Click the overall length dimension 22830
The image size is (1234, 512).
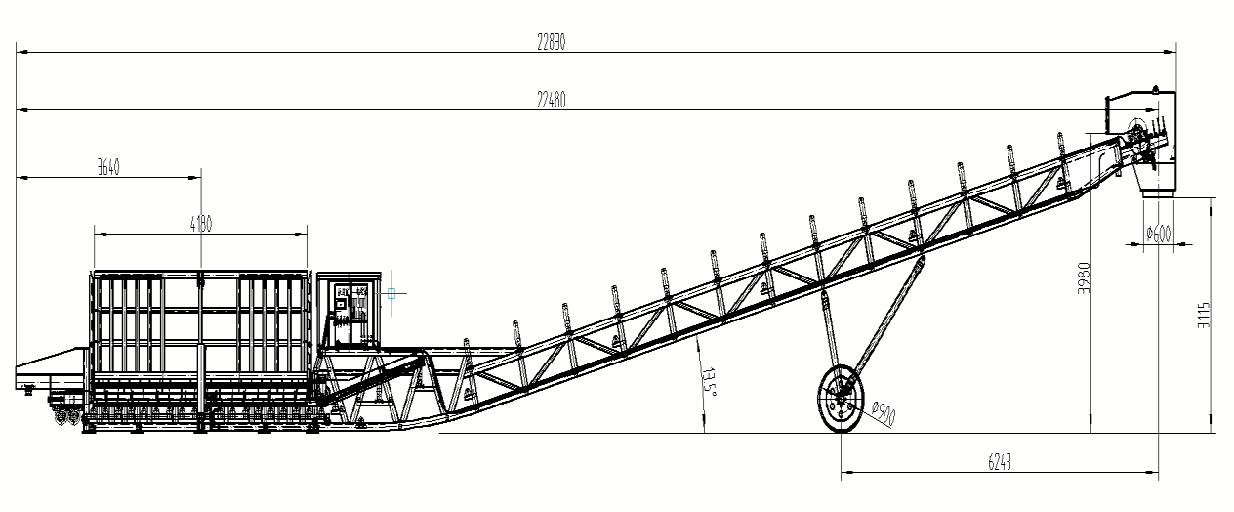point(551,42)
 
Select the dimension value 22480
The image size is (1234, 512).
point(551,99)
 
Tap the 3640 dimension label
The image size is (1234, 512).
point(107,167)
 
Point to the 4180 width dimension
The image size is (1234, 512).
point(200,224)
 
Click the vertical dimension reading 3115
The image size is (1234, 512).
point(1204,316)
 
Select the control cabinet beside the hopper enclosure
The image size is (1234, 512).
point(350,311)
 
